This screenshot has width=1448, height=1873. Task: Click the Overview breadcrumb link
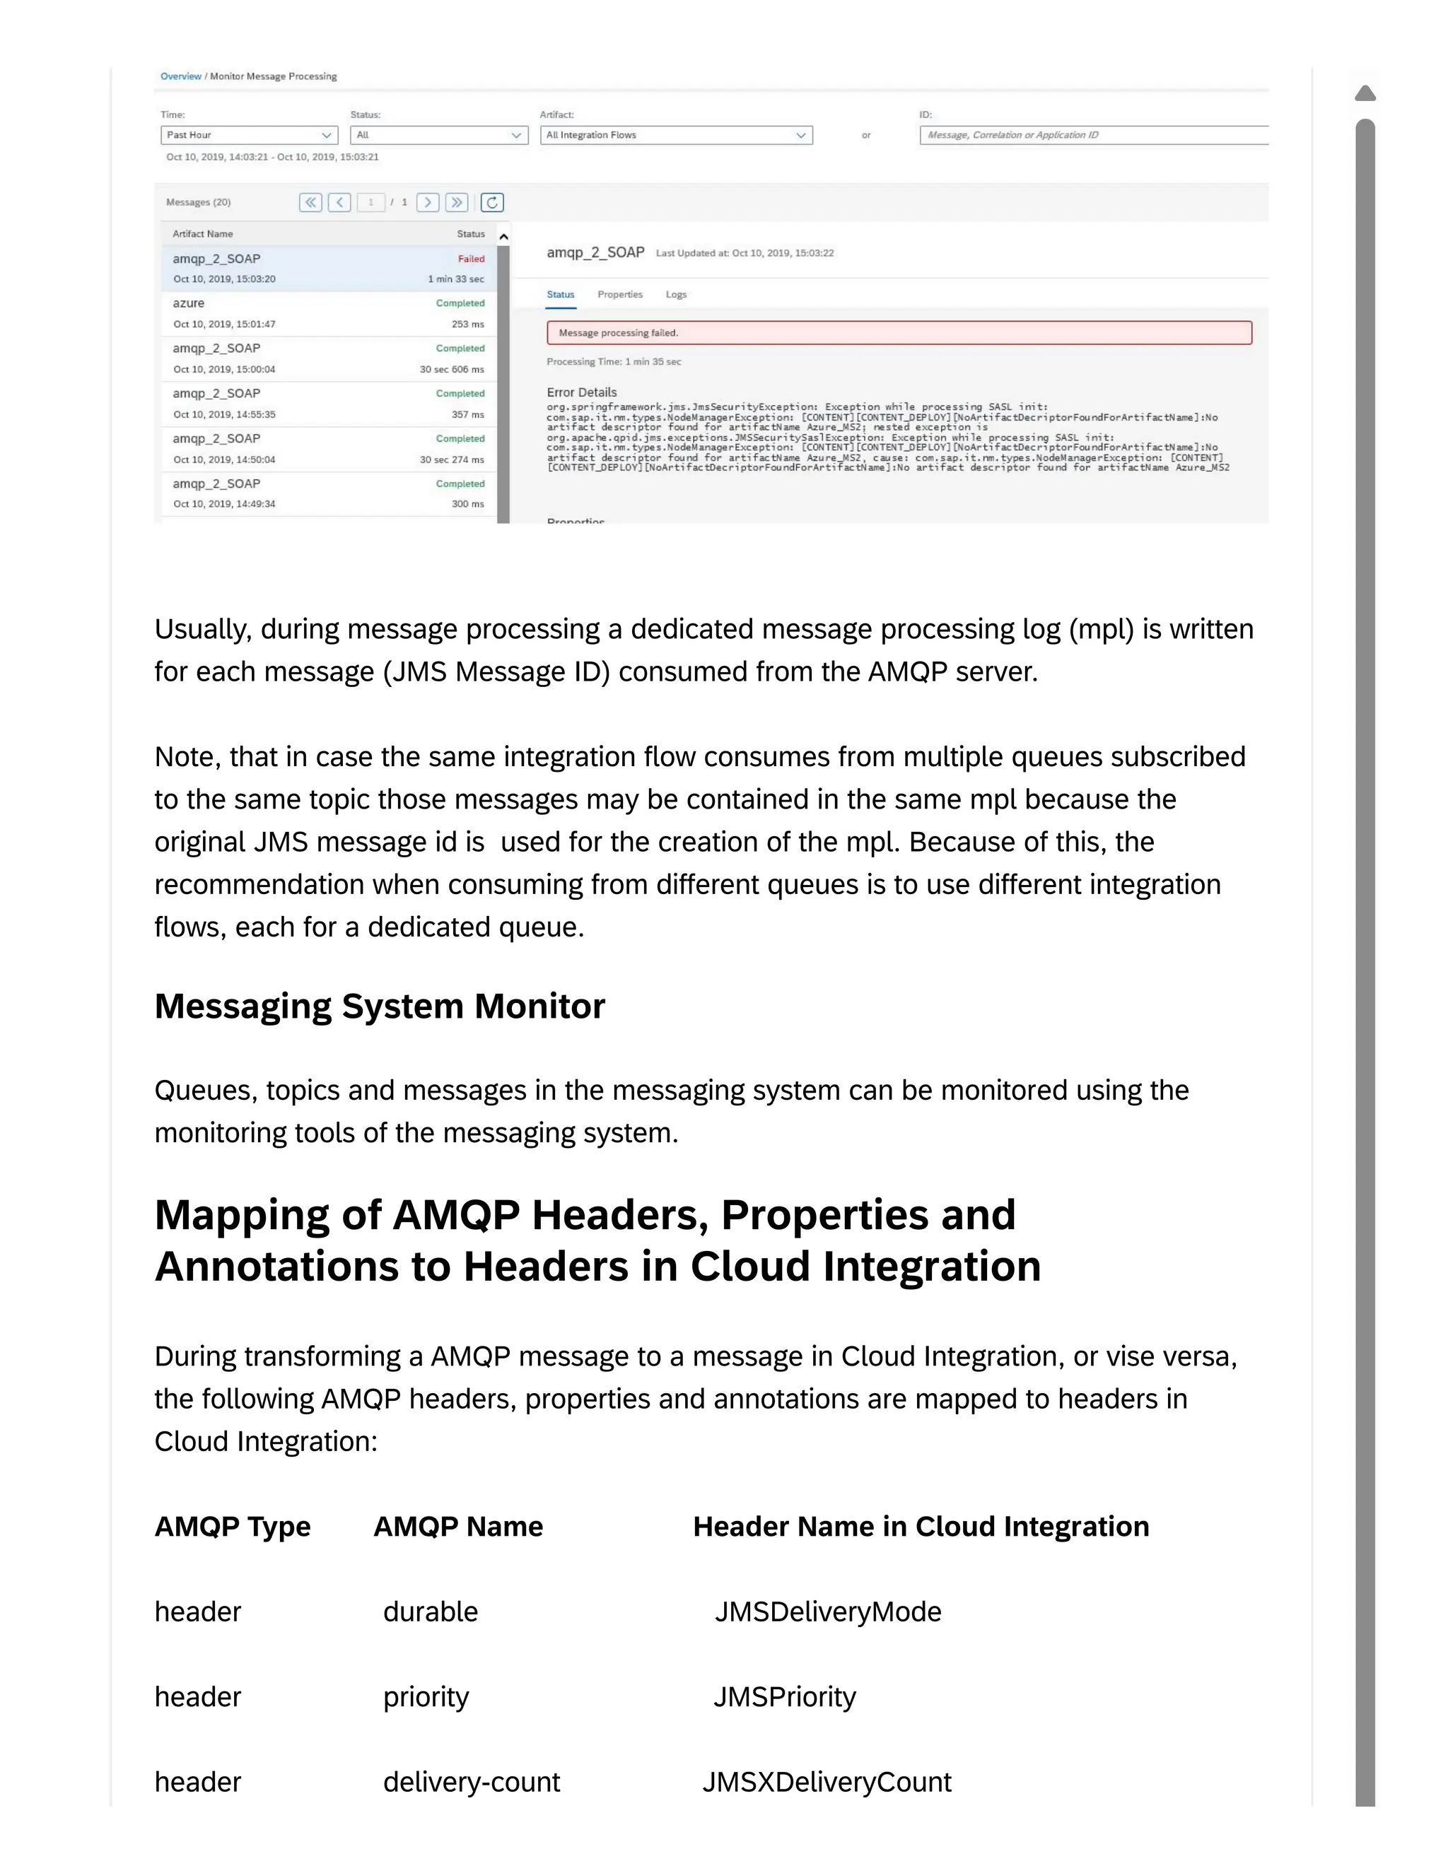click(180, 76)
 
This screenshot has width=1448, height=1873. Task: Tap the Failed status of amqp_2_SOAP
click(471, 258)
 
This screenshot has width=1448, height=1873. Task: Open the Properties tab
click(619, 294)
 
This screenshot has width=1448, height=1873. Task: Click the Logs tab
click(676, 294)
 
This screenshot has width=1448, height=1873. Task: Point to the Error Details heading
click(582, 392)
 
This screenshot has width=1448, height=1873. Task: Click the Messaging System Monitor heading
click(379, 1006)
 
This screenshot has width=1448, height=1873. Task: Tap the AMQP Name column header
click(458, 1527)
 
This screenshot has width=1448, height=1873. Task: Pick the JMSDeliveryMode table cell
click(828, 1611)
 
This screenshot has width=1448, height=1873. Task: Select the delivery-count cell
click(471, 1781)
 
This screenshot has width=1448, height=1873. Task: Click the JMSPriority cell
click(785, 1696)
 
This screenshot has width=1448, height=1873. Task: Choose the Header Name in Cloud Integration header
click(921, 1527)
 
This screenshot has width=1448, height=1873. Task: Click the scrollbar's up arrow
click(1365, 93)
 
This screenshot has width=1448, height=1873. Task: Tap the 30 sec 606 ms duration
click(451, 370)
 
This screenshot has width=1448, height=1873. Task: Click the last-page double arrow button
click(456, 202)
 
